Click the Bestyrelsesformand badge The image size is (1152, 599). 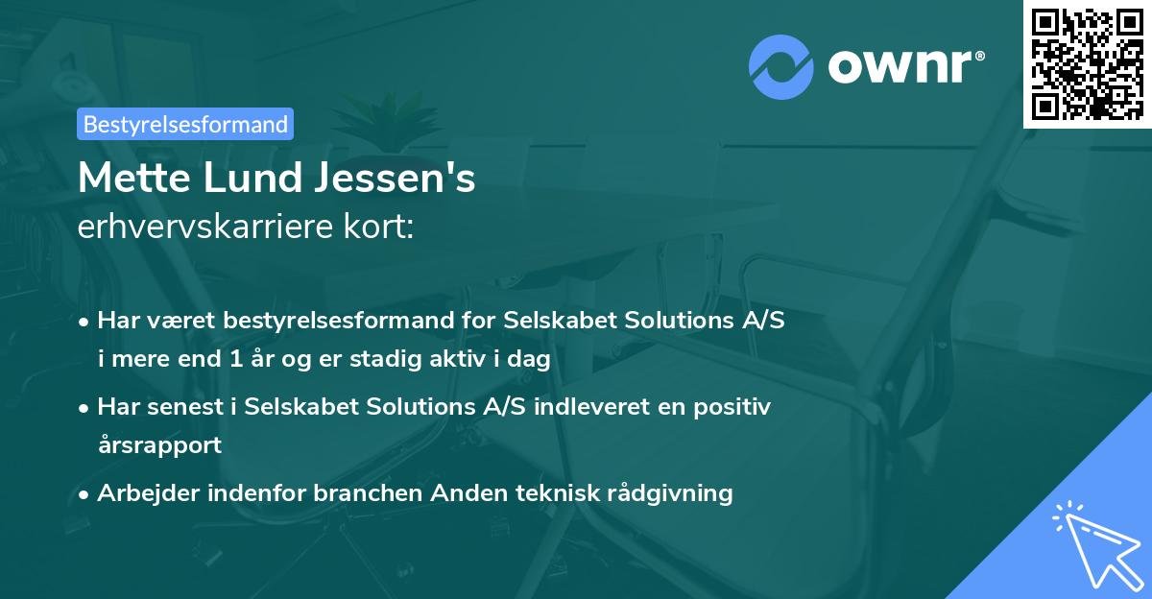[x=185, y=124]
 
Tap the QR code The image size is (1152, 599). [x=1088, y=63]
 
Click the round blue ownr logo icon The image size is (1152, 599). [x=781, y=66]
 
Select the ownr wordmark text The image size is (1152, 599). [x=903, y=65]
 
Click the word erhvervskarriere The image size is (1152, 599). [x=208, y=228]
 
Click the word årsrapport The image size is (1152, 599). [x=159, y=445]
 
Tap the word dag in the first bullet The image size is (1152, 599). [x=530, y=361]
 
